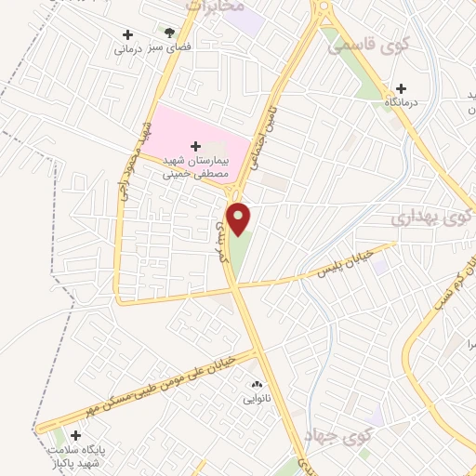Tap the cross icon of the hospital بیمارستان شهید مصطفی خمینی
[195, 145]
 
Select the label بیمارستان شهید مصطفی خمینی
[201, 166]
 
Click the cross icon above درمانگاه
[401, 87]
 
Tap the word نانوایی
[258, 398]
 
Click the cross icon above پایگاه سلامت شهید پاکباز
[75, 435]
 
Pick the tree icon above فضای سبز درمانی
[168, 32]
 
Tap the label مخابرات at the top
[222, 6]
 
